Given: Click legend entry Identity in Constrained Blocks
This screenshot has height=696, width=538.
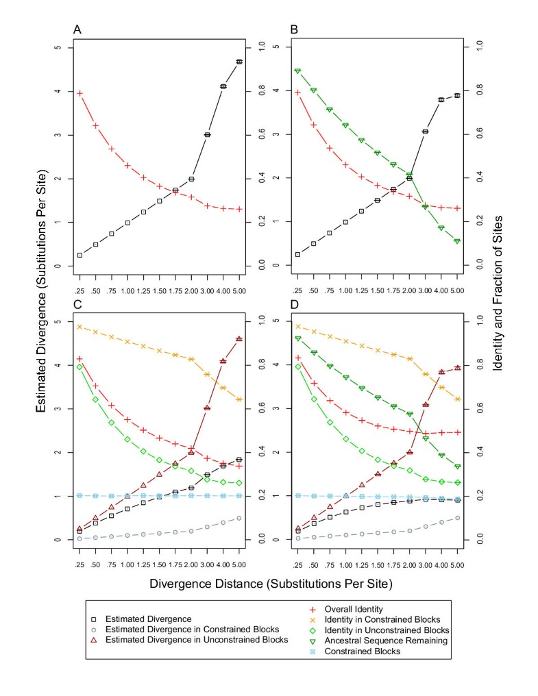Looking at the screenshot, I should [389, 619].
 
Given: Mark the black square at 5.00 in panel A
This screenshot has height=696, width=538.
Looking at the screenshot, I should [239, 62].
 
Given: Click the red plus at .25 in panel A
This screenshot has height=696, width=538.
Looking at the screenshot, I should [80, 93].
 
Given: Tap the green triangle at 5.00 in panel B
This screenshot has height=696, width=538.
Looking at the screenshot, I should [457, 241].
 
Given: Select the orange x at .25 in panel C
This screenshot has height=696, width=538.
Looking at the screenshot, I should [80, 327].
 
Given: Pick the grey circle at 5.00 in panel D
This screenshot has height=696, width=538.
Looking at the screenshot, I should [457, 518].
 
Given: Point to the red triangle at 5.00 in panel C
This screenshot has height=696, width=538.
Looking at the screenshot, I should [239, 338].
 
